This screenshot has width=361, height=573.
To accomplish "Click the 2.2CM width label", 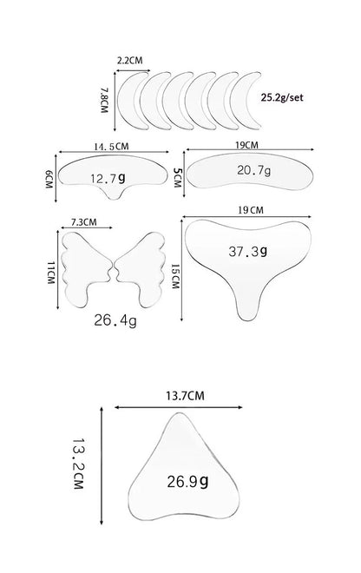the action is [x=129, y=60].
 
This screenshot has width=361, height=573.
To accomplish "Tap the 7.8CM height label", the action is [x=104, y=100].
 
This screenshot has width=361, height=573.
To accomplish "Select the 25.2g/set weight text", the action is [x=282, y=97].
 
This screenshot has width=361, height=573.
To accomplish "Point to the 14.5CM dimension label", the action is [x=111, y=147].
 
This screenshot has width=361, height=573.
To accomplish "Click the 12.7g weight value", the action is [x=108, y=178].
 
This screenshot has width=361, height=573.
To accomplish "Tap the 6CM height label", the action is [x=49, y=179].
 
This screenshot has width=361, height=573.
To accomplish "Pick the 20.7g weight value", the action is [x=254, y=170].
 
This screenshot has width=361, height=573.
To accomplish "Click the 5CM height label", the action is [x=177, y=178].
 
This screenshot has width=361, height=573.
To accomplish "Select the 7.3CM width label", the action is [x=83, y=221].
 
